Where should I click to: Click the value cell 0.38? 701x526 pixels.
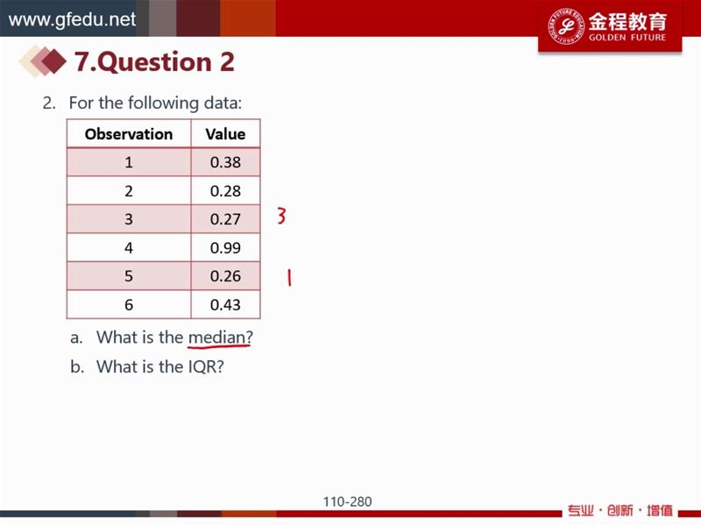[x=225, y=162]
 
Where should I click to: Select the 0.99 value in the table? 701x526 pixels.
[x=225, y=247]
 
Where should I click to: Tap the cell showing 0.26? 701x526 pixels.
[x=225, y=276]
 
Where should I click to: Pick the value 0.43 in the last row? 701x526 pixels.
[x=225, y=304]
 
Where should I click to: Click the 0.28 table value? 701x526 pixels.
[x=225, y=191]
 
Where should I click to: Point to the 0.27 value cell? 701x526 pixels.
[x=225, y=219]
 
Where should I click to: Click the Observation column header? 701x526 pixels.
[x=129, y=134]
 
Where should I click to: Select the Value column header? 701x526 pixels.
[x=225, y=134]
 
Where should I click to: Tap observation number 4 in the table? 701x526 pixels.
[x=129, y=247]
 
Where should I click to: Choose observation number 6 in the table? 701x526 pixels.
[x=129, y=304]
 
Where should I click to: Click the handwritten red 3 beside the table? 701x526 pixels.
[x=281, y=216]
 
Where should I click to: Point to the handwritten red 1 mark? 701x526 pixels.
[x=289, y=277]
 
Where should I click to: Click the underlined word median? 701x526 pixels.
[x=216, y=338]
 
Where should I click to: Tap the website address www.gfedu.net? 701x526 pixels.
[x=72, y=19]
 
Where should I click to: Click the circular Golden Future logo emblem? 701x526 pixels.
[x=566, y=25]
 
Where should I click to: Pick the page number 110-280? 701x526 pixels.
[x=347, y=501]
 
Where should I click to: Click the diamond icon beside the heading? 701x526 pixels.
[x=44, y=60]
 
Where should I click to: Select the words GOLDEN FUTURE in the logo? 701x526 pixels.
[x=627, y=37]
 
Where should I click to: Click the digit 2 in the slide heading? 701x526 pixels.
[x=227, y=61]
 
